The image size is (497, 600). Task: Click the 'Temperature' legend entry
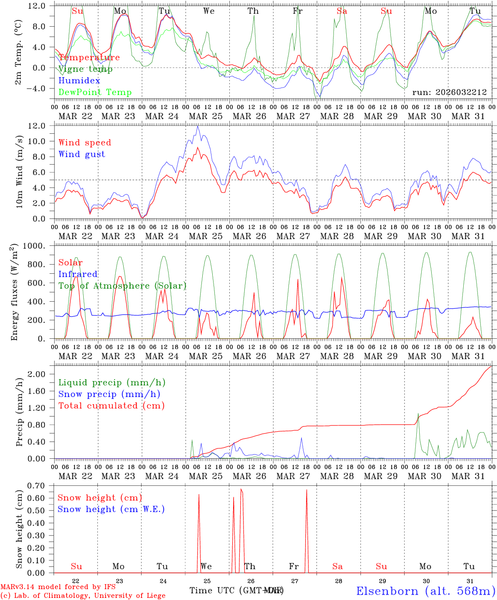coord(89,57)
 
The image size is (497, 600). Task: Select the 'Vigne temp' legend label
coord(85,69)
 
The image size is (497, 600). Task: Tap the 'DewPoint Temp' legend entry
coord(95,92)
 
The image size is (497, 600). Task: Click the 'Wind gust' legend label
coord(82,154)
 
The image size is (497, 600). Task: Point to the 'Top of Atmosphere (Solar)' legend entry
coord(122,286)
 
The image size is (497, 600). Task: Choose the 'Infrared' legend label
coord(78,274)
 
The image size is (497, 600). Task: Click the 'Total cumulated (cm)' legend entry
coord(112,405)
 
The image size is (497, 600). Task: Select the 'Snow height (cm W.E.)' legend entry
coord(111,509)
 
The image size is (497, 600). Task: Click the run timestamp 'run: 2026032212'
coord(449,92)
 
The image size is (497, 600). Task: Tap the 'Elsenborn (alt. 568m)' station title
coord(425,590)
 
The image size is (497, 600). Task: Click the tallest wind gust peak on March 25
coord(198,126)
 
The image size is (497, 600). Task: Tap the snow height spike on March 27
coord(307,490)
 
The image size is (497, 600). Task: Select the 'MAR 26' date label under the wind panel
coord(249,236)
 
